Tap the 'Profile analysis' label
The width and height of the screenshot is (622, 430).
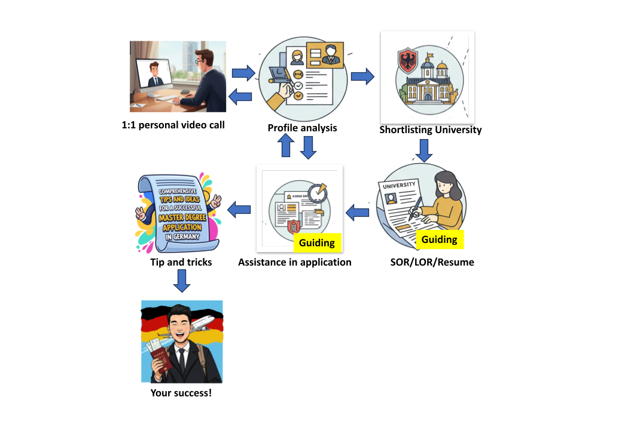pos(302,128)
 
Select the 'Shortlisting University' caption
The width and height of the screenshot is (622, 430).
pos(430,130)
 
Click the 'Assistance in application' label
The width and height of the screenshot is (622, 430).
pos(295,262)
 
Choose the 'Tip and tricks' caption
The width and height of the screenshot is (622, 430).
pos(181,262)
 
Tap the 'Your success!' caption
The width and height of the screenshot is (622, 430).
pos(181,394)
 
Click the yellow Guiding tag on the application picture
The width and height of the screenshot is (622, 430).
pos(317,242)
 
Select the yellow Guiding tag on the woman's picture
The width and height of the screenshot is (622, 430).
pos(440,239)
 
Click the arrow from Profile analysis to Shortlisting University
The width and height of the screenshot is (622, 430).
pos(362,76)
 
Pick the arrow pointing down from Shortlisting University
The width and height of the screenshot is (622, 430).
pos(425,150)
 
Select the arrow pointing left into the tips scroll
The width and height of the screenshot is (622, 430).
pos(239,209)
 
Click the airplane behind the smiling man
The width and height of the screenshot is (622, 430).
pos(206,322)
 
